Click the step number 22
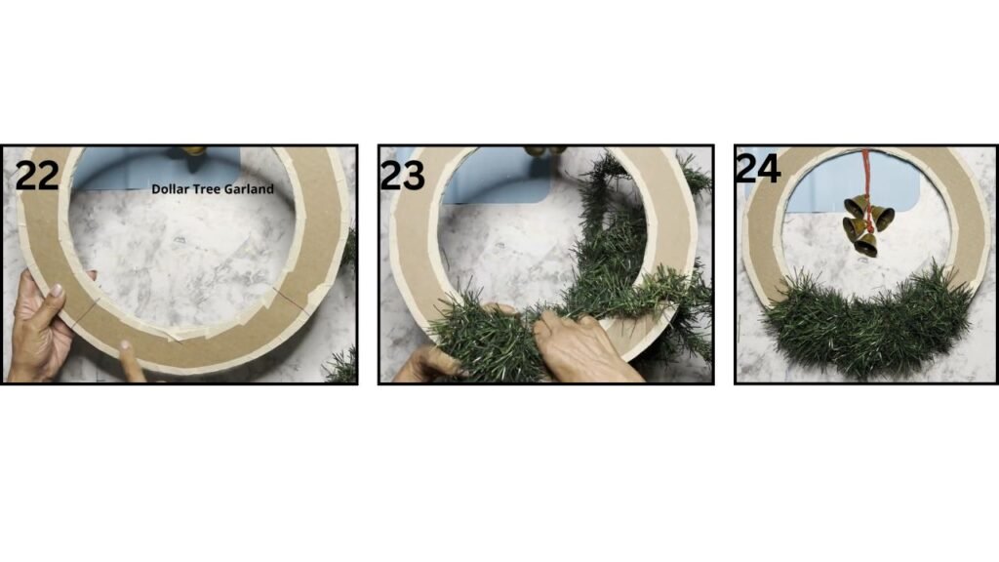click(37, 176)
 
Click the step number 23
click(402, 176)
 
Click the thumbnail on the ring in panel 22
click(57, 291)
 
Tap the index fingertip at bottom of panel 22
click(126, 346)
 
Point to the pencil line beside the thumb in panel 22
click(85, 313)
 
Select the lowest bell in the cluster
click(866, 245)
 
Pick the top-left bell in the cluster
click(855, 205)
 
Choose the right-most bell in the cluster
click(883, 218)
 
